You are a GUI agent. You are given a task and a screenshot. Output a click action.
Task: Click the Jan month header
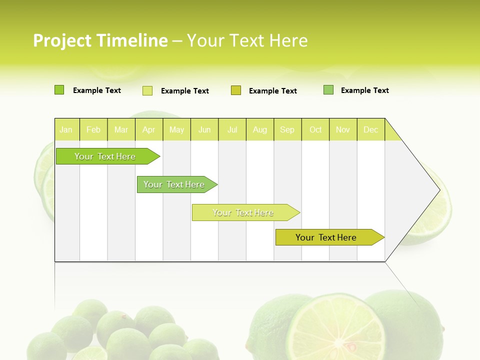66,129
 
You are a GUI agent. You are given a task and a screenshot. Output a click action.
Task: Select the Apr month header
149,129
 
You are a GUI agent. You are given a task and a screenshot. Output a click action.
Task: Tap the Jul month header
232,129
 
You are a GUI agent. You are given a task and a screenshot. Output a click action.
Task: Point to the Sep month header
287,129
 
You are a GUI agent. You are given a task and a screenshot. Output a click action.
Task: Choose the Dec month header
370,129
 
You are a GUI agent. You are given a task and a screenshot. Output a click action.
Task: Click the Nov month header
342,129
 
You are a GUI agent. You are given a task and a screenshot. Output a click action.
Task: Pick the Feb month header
93,129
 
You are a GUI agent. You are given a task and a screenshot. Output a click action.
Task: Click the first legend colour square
59,90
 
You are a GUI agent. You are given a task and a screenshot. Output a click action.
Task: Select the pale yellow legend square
147,90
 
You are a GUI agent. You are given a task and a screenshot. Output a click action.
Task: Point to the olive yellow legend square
236,90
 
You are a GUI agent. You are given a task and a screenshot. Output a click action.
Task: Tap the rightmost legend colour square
328,90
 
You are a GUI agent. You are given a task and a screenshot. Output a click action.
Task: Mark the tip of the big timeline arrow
439,190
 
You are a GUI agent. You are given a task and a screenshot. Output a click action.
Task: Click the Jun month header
204,129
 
